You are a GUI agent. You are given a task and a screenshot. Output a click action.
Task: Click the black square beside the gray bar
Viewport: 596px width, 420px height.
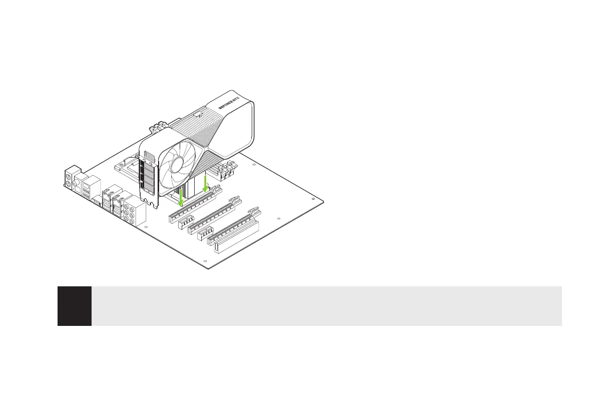75,306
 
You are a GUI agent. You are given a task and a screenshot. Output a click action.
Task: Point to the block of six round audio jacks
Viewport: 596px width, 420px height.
135,213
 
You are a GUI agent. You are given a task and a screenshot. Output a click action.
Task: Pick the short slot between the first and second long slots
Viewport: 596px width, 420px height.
186,221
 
